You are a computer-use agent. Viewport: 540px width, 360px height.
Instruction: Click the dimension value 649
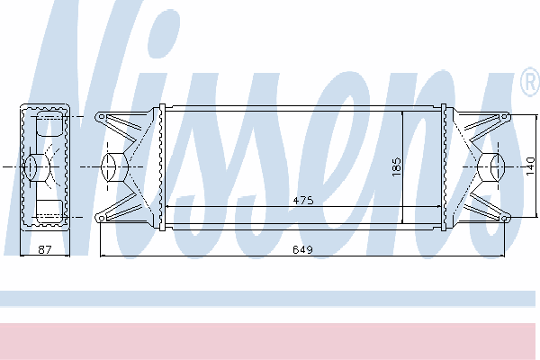(x=302, y=249)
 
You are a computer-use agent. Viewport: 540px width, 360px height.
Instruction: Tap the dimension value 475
(x=303, y=200)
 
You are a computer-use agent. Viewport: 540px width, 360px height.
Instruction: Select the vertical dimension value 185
(x=397, y=167)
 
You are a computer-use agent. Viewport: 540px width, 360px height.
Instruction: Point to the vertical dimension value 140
(x=531, y=166)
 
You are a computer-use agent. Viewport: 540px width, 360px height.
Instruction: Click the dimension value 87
(x=45, y=249)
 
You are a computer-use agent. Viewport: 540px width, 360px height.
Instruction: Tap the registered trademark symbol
(x=531, y=82)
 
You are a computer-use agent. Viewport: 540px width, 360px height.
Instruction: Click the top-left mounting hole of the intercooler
(x=101, y=117)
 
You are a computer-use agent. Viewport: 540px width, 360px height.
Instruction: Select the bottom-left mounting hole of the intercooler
(x=101, y=218)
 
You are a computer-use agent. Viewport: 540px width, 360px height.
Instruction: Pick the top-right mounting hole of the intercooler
(x=505, y=117)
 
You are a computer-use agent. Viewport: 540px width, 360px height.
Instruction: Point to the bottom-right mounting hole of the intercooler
(x=505, y=219)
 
